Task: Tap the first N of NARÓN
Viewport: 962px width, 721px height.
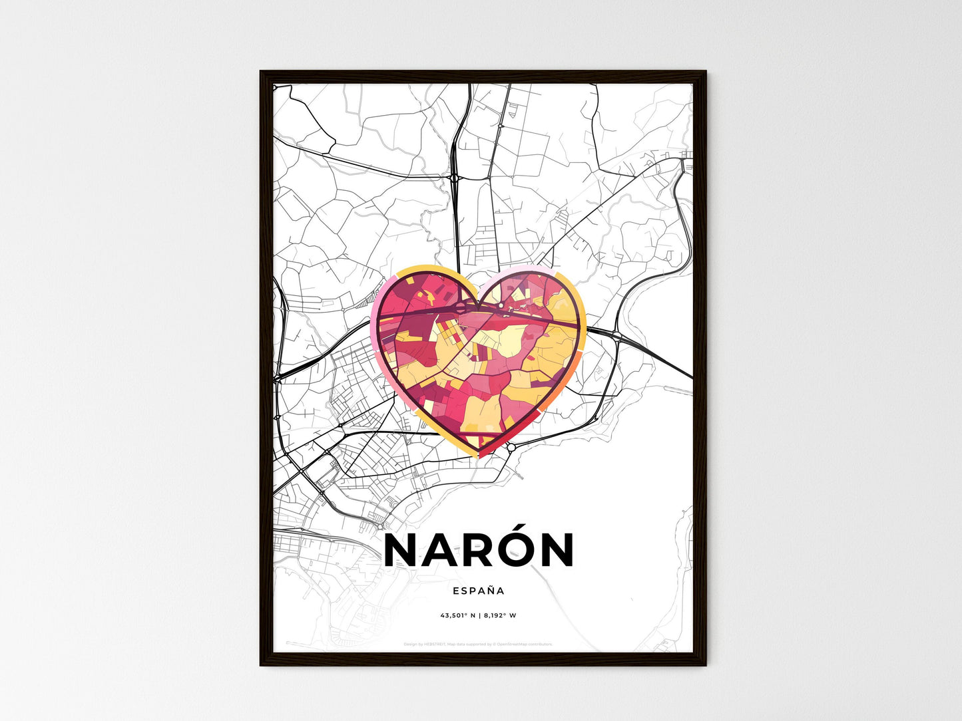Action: (x=403, y=551)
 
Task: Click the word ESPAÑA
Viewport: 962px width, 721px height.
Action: (x=478, y=591)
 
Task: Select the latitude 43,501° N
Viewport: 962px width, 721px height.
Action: (x=456, y=615)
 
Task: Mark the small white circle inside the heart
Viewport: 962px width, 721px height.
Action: (x=501, y=305)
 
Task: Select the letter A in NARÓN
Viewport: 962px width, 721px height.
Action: (x=436, y=551)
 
